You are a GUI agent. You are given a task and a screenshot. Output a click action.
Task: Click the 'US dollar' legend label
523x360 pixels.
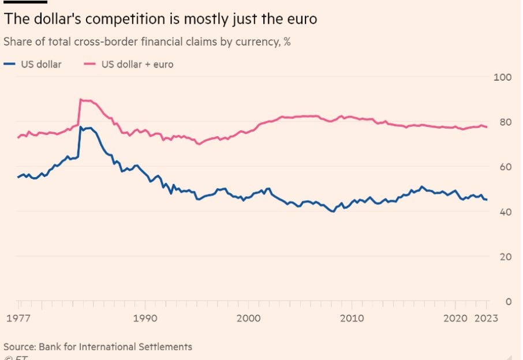[41, 64]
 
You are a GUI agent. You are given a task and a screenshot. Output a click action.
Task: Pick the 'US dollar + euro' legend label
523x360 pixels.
[137, 64]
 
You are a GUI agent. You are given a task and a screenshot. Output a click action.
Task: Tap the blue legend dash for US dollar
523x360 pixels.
[9, 64]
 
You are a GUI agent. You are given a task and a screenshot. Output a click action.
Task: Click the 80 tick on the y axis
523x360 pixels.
[506, 122]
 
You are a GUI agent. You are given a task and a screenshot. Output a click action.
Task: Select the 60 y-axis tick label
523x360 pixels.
[506, 167]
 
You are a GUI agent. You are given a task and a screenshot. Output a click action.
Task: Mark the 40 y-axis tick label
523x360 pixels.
[506, 212]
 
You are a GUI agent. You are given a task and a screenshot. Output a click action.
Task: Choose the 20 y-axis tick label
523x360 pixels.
[506, 257]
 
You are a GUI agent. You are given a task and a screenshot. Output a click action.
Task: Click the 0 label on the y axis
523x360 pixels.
[509, 301]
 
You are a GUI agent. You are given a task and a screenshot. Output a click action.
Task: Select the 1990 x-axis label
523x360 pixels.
[144, 318]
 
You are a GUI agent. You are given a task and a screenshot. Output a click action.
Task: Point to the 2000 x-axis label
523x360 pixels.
[249, 318]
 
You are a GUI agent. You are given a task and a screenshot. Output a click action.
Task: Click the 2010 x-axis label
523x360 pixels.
[352, 318]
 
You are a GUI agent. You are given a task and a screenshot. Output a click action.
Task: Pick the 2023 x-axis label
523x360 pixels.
[486, 318]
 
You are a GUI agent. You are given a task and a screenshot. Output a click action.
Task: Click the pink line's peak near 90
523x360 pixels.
[81, 100]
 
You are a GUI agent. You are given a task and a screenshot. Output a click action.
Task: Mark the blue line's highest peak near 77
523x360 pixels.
[81, 127]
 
